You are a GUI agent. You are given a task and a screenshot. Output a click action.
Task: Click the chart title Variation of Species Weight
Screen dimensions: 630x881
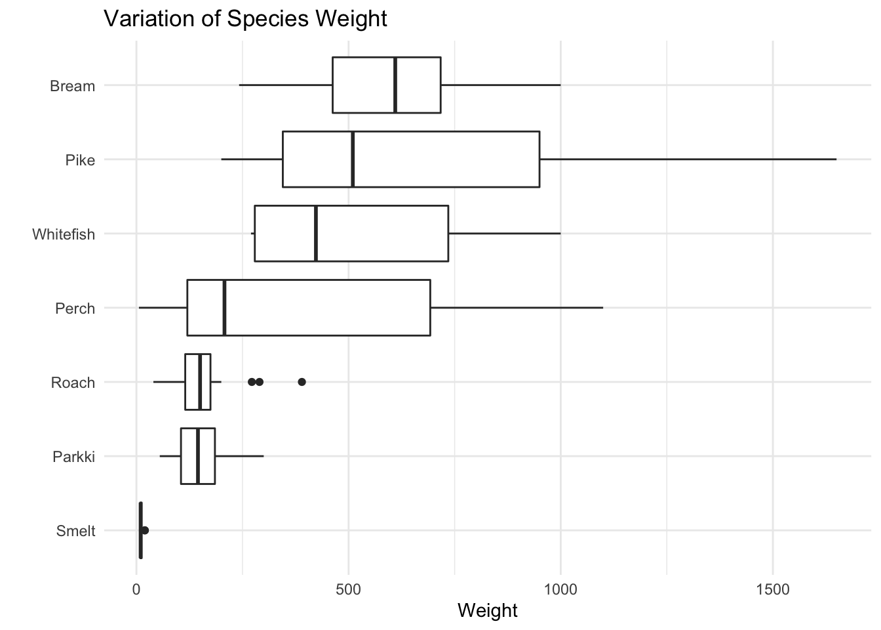click(x=245, y=18)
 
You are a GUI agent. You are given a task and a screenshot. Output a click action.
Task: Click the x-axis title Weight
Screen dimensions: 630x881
click(x=487, y=610)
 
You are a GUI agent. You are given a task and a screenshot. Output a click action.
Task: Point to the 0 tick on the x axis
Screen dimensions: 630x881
click(x=136, y=589)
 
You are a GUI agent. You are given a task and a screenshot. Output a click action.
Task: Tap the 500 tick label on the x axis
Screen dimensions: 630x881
click(x=348, y=589)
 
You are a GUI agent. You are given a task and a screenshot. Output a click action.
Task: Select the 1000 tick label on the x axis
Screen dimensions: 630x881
click(x=560, y=589)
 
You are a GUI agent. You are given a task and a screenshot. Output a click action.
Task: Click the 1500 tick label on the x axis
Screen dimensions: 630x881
click(x=772, y=589)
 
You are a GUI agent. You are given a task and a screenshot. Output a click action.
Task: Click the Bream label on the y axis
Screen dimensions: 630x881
click(x=72, y=86)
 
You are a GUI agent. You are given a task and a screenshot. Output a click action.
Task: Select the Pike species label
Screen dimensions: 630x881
click(x=80, y=160)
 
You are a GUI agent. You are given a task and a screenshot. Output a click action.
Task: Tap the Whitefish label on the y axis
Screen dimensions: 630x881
click(x=64, y=234)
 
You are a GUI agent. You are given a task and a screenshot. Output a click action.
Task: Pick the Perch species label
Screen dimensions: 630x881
click(x=75, y=308)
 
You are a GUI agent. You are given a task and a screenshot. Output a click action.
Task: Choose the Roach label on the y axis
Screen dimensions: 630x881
click(x=73, y=383)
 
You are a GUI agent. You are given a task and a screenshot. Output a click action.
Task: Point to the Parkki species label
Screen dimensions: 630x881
click(x=73, y=457)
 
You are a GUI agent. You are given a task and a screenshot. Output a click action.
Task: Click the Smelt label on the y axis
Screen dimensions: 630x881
click(x=75, y=531)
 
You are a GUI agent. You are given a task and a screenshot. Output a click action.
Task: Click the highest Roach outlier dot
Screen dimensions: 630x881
click(x=302, y=382)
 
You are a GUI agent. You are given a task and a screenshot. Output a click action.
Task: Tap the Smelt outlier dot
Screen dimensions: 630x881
click(x=145, y=530)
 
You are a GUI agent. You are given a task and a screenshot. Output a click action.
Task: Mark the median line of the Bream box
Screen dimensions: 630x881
click(x=395, y=85)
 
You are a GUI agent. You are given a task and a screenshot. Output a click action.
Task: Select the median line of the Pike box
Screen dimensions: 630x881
click(x=353, y=159)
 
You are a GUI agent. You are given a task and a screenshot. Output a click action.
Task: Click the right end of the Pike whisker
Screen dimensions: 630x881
click(x=836, y=159)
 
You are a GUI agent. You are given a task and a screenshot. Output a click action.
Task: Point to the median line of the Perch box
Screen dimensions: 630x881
click(x=224, y=308)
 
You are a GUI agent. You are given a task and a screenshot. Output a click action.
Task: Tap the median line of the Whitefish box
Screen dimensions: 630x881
click(x=316, y=234)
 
